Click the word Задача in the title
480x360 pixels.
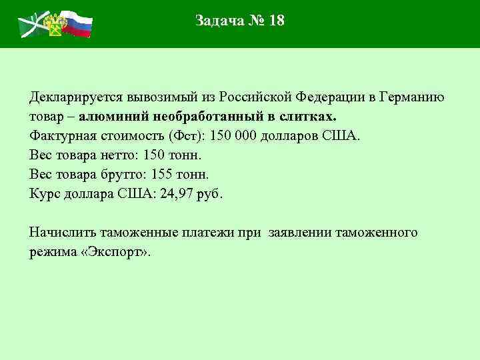[218, 21]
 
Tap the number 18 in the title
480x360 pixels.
[276, 21]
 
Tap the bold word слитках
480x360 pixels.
[309, 117]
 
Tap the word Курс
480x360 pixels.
[44, 194]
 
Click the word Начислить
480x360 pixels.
[63, 233]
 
